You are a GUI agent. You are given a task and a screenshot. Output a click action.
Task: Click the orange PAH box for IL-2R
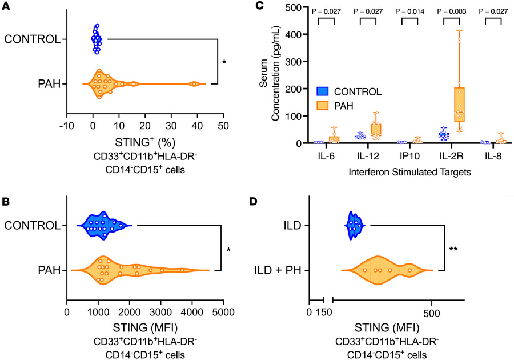pos(459,104)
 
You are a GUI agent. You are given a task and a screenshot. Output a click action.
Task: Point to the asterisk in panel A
pos(224,62)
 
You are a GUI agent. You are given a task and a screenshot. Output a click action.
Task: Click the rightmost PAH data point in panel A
pos(194,84)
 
